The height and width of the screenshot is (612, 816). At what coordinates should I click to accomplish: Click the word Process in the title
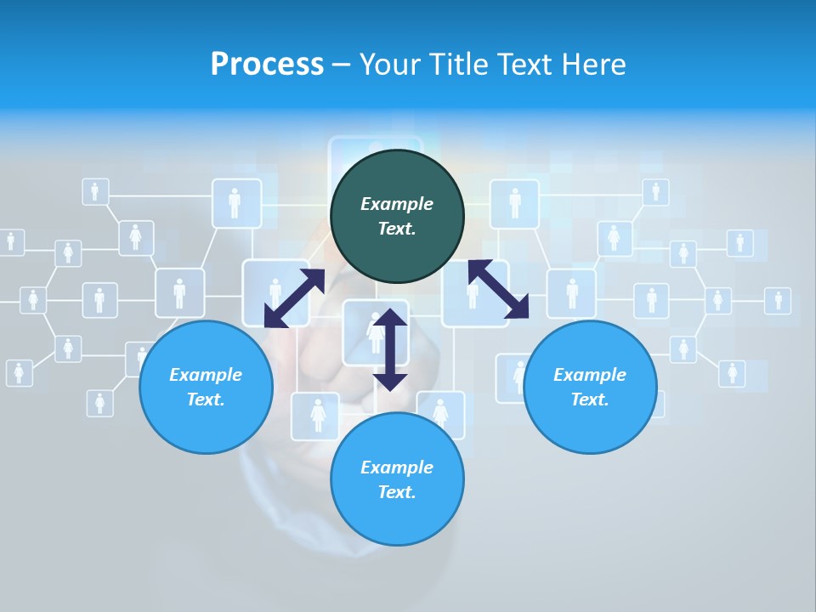pos(267,65)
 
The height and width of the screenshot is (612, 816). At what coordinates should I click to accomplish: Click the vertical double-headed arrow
pos(390,349)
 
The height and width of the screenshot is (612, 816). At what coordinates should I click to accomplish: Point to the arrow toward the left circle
pos(294,298)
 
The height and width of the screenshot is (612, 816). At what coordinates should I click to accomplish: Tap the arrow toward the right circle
pos(498,289)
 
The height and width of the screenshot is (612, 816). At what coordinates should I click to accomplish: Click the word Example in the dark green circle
pos(397,204)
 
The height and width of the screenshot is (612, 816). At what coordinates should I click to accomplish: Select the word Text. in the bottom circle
pos(397,492)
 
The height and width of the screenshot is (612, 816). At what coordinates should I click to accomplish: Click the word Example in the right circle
pos(590,375)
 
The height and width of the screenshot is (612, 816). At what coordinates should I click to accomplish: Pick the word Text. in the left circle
pos(206,399)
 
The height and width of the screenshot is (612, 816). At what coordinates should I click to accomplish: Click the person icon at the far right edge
pos(777,300)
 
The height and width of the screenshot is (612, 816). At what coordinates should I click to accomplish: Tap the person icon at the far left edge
pos(10,241)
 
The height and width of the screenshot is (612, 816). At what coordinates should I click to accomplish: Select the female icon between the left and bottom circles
pos(319,414)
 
